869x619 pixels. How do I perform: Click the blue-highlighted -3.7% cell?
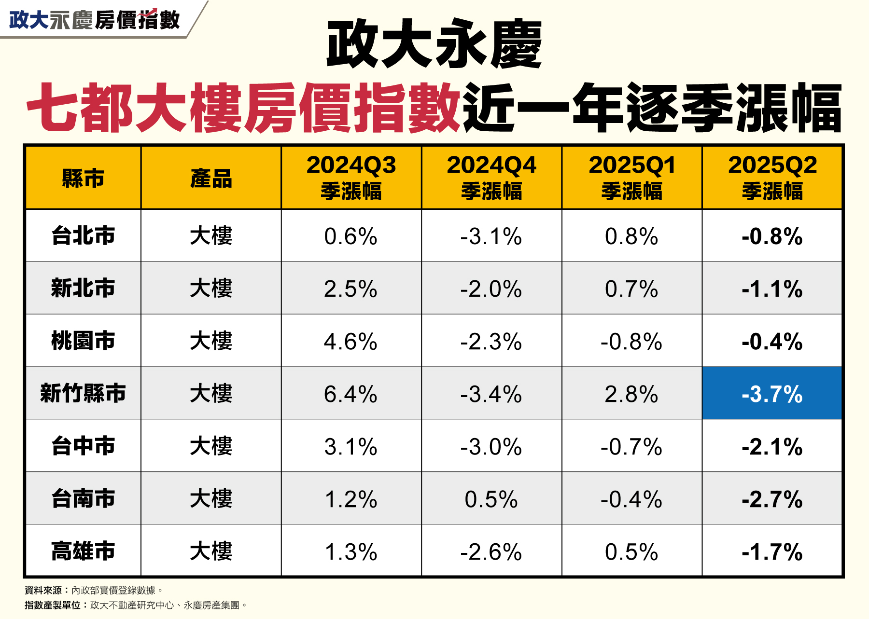pyautogui.click(x=771, y=394)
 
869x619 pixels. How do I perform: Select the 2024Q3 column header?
pyautogui.click(x=351, y=178)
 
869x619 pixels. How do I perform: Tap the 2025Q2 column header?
pyautogui.click(x=772, y=178)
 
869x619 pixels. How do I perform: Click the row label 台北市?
pyautogui.click(x=83, y=236)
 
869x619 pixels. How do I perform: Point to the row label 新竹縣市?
pyautogui.click(x=83, y=394)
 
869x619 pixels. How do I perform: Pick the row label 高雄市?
pyautogui.click(x=83, y=551)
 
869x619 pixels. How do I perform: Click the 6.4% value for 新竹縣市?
pyautogui.click(x=350, y=394)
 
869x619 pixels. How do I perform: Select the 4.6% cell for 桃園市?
pyautogui.click(x=350, y=341)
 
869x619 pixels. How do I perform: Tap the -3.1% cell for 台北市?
pyautogui.click(x=491, y=236)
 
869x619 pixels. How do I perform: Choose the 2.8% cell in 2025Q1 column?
pyautogui.click(x=631, y=394)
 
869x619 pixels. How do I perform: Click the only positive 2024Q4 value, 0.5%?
pyautogui.click(x=491, y=499)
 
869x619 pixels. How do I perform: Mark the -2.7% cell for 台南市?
pyautogui.click(x=771, y=499)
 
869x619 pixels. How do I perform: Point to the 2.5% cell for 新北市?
pyautogui.click(x=350, y=289)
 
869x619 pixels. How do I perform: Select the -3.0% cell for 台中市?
pyautogui.click(x=491, y=446)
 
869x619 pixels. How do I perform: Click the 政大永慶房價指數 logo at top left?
pyautogui.click(x=95, y=19)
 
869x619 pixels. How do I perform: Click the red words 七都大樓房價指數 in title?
pyautogui.click(x=244, y=108)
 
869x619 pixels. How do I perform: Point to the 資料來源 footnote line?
pyautogui.click(x=94, y=590)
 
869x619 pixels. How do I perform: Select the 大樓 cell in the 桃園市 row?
pyautogui.click(x=211, y=341)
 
